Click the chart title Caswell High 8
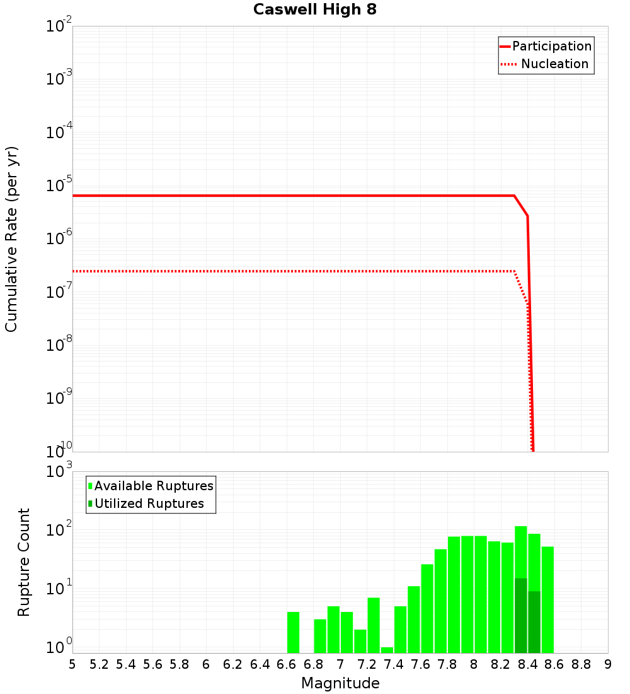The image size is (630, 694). (315, 10)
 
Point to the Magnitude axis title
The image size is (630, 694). (340, 683)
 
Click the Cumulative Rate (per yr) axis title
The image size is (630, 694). (11, 239)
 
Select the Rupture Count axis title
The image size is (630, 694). (24, 562)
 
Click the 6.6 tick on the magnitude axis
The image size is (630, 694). (287, 664)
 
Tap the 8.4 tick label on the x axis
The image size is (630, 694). (528, 664)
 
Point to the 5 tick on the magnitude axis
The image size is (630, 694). (72, 664)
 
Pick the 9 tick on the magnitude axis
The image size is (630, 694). (608, 664)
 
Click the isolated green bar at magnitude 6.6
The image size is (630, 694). (293, 632)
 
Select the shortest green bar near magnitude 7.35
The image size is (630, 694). (387, 650)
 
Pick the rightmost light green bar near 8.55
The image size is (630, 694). (547, 599)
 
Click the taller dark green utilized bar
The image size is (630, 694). (521, 615)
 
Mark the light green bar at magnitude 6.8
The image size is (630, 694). (320, 636)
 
